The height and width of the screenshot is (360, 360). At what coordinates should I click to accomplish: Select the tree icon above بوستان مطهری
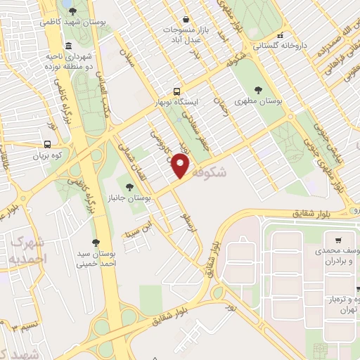(258, 90)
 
